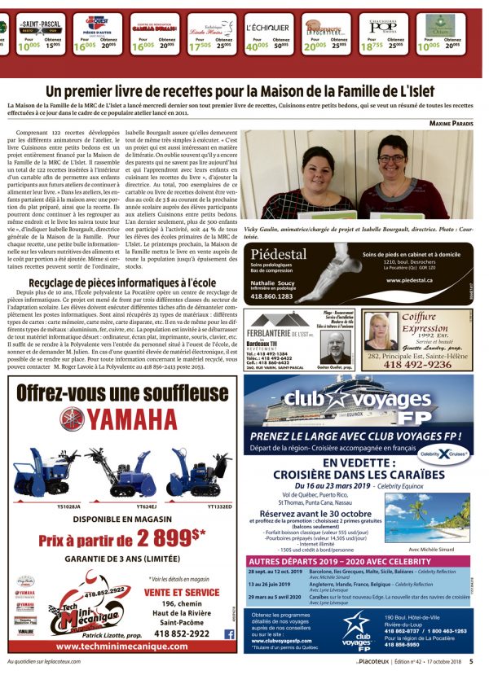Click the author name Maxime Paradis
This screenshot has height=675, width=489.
(x=450, y=123)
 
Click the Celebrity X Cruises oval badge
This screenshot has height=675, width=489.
(x=446, y=453)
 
